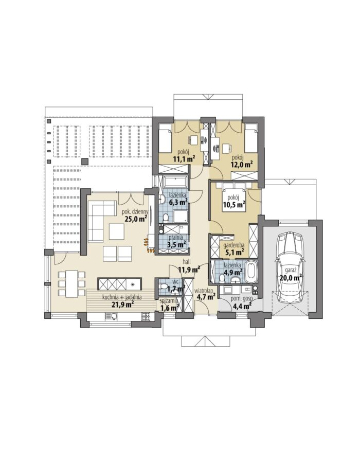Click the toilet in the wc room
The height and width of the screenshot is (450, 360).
[x=164, y=286]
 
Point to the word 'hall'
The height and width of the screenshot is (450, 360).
[x=188, y=262]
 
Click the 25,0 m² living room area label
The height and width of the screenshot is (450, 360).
[x=136, y=219]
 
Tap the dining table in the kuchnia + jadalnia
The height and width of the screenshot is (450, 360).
[x=72, y=283]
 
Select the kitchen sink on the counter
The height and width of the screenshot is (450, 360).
[x=112, y=316]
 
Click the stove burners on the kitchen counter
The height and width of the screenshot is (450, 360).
[x=146, y=316]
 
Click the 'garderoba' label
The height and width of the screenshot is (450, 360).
[x=234, y=245]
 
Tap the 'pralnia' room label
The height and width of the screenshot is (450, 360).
[x=175, y=238]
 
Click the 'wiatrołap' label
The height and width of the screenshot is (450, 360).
[x=204, y=290]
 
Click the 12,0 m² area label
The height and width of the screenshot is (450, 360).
[x=242, y=164]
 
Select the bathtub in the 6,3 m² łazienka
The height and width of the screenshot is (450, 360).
[x=175, y=182]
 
